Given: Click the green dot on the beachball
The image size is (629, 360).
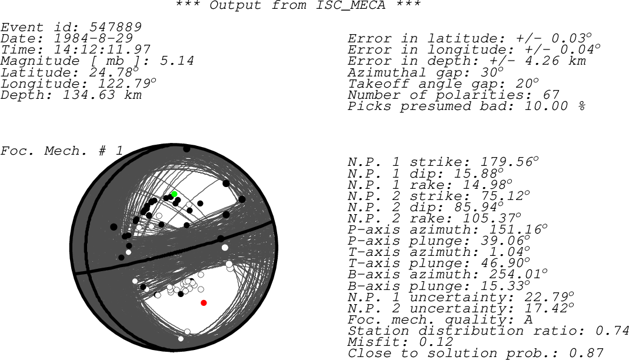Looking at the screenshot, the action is (175, 194).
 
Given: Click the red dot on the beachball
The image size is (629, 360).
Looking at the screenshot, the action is (204, 303).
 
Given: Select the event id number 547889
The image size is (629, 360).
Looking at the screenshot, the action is (115, 27).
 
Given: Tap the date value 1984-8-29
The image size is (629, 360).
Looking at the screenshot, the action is (93, 38).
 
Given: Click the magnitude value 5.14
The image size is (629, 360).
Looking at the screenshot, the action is (177, 61).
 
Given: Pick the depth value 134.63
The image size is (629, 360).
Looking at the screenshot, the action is (89, 95).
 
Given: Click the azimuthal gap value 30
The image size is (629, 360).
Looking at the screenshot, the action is (490, 72).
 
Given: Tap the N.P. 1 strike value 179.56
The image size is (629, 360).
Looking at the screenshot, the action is (507, 162).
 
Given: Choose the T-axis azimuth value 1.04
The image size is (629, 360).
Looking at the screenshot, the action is (507, 252).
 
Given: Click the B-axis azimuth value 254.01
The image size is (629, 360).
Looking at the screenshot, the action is (515, 275).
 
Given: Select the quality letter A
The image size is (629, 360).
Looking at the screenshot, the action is (528, 319).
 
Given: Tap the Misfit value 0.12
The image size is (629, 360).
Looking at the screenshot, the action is (436, 342).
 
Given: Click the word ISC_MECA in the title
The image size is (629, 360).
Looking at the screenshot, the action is (350, 6).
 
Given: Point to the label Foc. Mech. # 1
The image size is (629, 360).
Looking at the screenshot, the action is (62, 151).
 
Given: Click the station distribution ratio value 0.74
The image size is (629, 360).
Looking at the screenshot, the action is (612, 331).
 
